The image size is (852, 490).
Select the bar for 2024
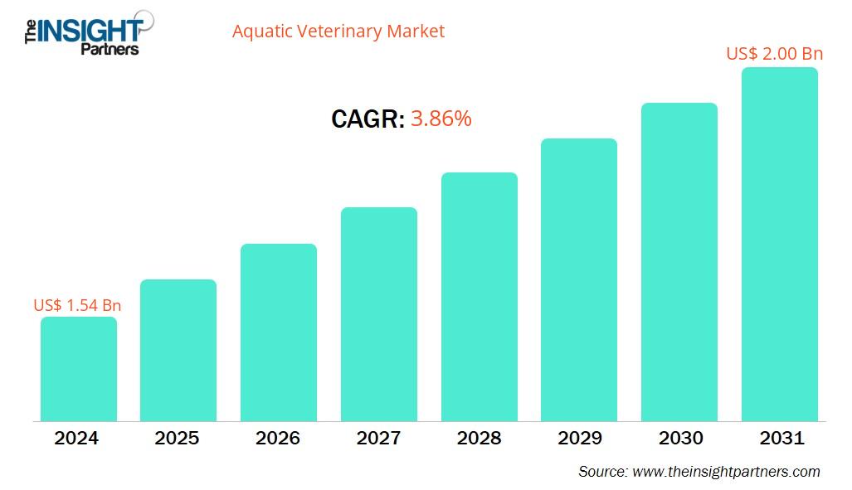pos(79,369)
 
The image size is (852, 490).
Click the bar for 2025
pos(178,350)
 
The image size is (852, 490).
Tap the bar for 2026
pos(279,332)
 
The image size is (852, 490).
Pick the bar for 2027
pos(379,314)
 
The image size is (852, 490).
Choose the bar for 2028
pos(480,297)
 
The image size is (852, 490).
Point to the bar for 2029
pos(579,279)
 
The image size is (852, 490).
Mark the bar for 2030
pos(679,262)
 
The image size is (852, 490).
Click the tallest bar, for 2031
pos(780,245)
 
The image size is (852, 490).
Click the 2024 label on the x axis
pos(76,438)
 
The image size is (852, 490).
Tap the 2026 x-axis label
pos(278,438)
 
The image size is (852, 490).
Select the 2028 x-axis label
pos(479,438)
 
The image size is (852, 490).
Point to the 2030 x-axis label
pos(679,438)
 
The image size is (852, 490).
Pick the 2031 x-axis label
pos(780,438)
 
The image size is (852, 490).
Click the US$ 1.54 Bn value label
pos(77,305)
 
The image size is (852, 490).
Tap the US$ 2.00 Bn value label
pos(774,54)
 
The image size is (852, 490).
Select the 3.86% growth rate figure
pos(441,119)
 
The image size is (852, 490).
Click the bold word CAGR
pos(368,119)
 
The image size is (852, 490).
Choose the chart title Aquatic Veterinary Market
pos(338,32)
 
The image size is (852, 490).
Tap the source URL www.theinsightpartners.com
pos(726,472)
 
